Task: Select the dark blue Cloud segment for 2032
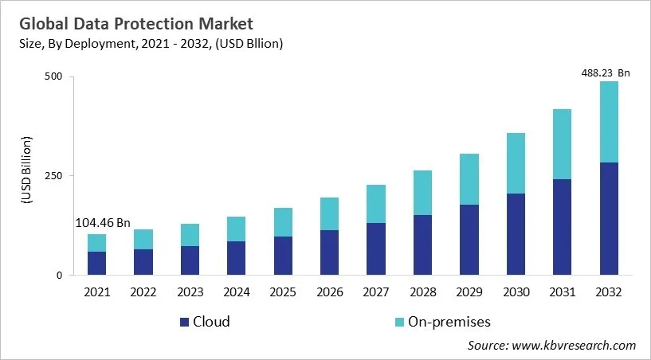click(609, 219)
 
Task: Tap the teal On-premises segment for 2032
click(609, 122)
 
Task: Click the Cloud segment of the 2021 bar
click(96, 264)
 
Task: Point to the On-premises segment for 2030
click(516, 163)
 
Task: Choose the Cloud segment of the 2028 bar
click(423, 245)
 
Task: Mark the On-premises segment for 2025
click(283, 222)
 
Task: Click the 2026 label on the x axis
click(329, 292)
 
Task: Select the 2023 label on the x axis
click(190, 292)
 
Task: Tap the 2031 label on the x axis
click(562, 292)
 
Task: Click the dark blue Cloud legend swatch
click(184, 323)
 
